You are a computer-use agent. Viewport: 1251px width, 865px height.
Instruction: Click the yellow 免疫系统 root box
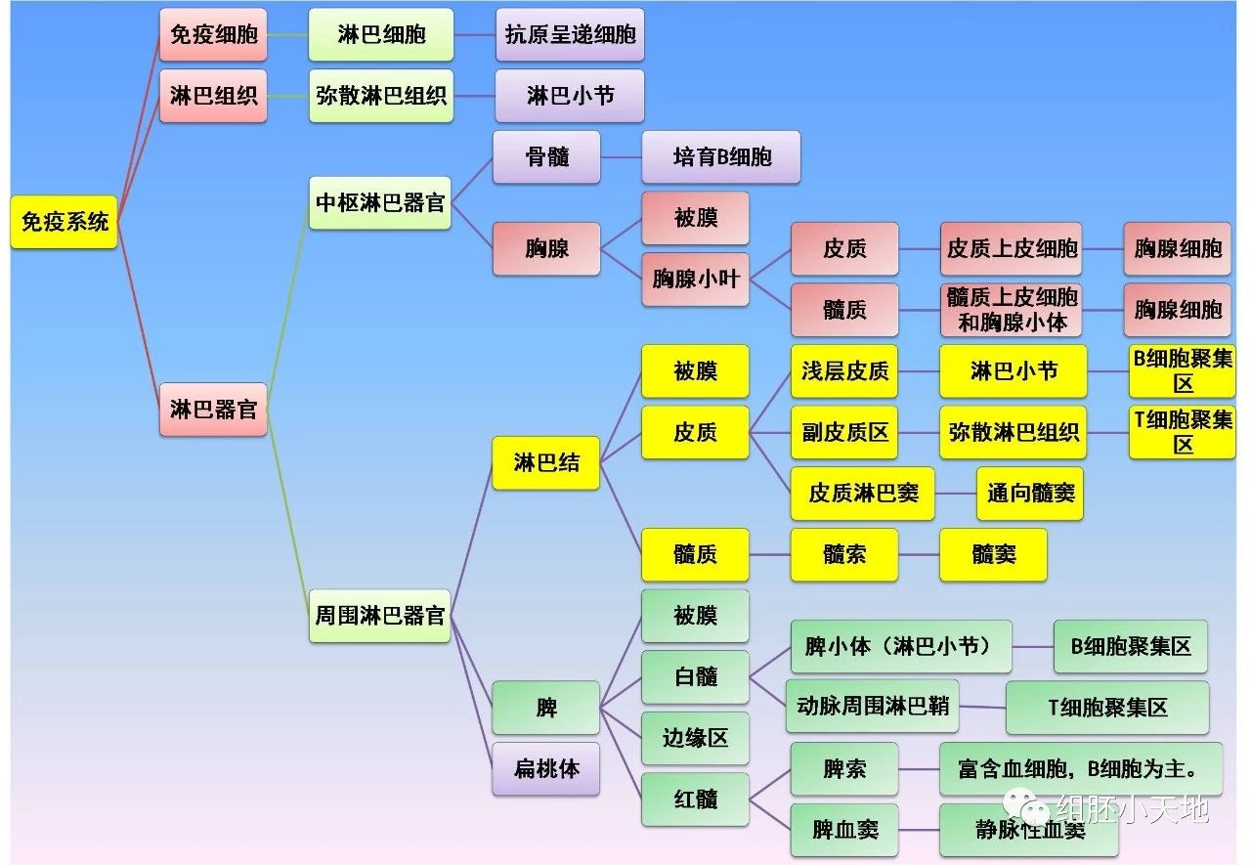pyautogui.click(x=65, y=222)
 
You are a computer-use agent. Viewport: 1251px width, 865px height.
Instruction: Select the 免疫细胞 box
pyautogui.click(x=213, y=35)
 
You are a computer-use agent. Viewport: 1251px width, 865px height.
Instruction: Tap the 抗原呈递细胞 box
pyautogui.click(x=570, y=35)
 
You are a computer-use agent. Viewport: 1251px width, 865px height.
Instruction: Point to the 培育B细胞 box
pyautogui.click(x=721, y=157)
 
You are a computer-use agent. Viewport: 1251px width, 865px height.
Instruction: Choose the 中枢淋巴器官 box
pyautogui.click(x=380, y=203)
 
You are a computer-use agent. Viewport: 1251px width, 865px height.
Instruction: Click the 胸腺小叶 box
pyautogui.click(x=696, y=280)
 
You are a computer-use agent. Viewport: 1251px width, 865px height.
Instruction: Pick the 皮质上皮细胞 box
pyautogui.click(x=1012, y=248)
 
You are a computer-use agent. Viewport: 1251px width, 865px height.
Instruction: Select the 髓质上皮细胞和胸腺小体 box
pyautogui.click(x=1012, y=310)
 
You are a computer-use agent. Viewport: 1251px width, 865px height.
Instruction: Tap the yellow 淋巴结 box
pyautogui.click(x=546, y=462)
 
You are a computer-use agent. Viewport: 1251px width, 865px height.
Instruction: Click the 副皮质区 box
pyautogui.click(x=845, y=432)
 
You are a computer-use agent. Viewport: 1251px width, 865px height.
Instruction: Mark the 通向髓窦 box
pyautogui.click(x=1030, y=494)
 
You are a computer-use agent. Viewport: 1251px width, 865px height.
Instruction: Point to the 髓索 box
pyautogui.click(x=844, y=555)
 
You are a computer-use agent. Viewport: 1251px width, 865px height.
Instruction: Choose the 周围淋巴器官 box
pyautogui.click(x=380, y=616)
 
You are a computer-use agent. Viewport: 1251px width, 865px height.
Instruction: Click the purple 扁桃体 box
pyautogui.click(x=546, y=769)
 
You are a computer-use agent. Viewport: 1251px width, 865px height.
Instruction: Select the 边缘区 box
pyautogui.click(x=696, y=738)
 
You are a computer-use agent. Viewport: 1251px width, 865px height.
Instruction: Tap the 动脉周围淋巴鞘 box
pyautogui.click(x=873, y=707)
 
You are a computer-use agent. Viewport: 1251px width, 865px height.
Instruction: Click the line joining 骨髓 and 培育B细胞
pyautogui.click(x=621, y=157)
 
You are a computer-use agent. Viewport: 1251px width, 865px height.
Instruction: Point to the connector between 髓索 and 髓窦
pyautogui.click(x=919, y=555)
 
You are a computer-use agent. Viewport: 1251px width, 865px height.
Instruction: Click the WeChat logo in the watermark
pyautogui.click(x=1030, y=807)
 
